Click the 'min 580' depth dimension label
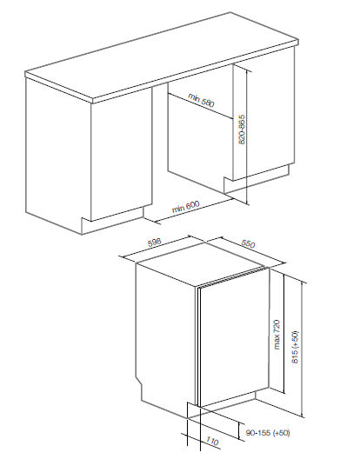(x=201, y=100)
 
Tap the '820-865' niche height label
(x=242, y=130)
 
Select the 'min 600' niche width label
(x=185, y=207)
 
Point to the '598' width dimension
(x=155, y=243)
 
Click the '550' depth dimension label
(x=248, y=243)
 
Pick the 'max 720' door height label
(x=277, y=335)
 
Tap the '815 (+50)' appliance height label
(x=295, y=347)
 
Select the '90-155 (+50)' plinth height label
(x=268, y=433)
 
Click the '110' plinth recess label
(x=212, y=441)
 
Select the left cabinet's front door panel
(x=122, y=154)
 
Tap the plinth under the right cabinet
(x=257, y=178)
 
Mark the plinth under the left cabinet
(x=112, y=220)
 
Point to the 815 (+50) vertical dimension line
(x=302, y=349)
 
